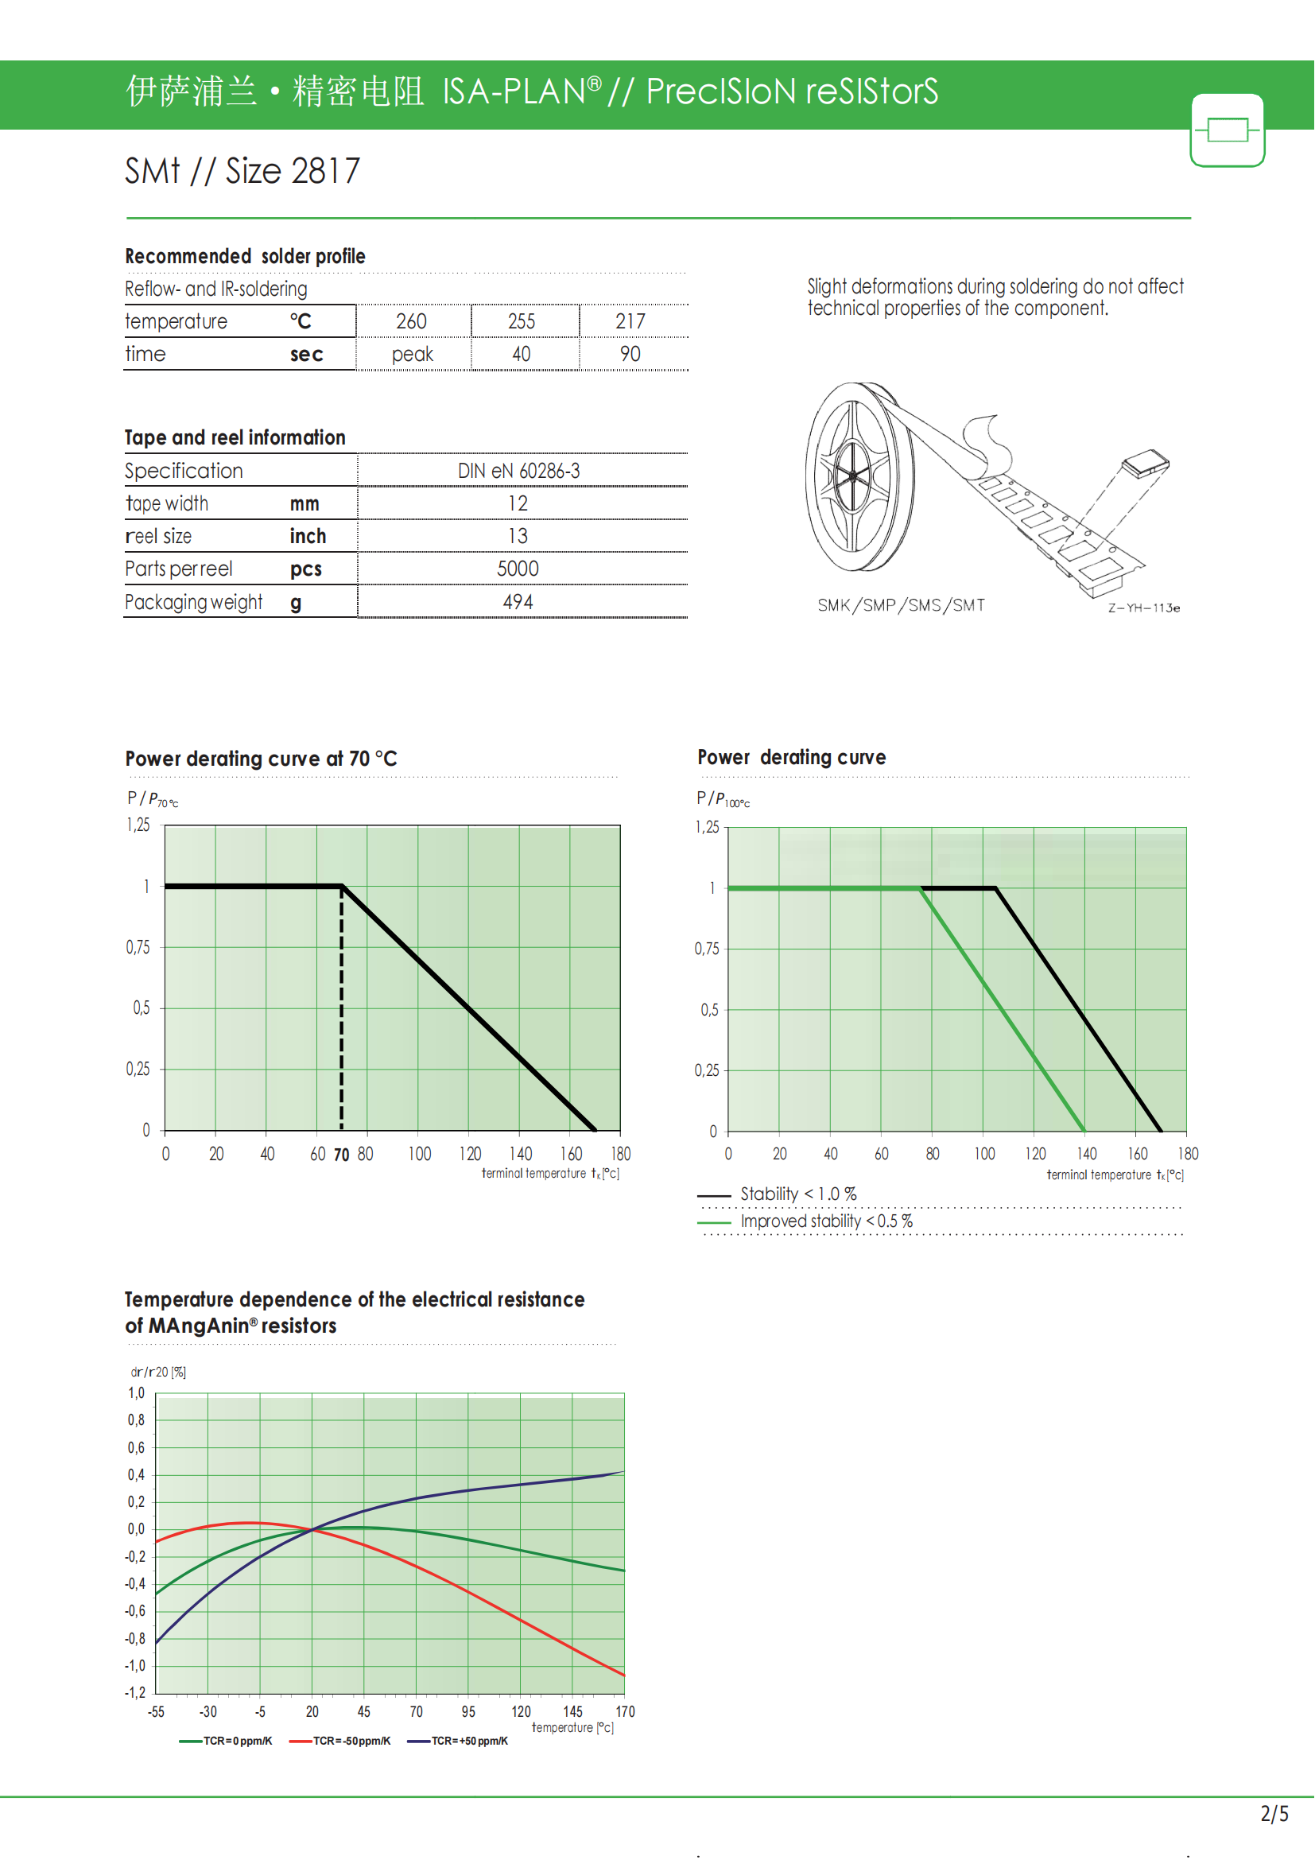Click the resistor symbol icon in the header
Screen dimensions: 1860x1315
tap(1227, 130)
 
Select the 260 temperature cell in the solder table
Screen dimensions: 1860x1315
tap(411, 321)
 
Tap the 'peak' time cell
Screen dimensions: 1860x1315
tap(412, 355)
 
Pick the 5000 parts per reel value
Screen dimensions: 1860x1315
tap(518, 569)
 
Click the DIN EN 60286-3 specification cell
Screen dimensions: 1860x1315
tap(519, 471)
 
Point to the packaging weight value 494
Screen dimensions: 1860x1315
tap(518, 602)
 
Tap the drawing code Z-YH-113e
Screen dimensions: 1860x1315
tap(1143, 608)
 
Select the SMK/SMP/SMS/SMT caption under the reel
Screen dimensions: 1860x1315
tap(901, 605)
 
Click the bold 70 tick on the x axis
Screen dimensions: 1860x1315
tap(342, 1155)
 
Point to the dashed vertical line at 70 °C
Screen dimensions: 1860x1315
tap(342, 1012)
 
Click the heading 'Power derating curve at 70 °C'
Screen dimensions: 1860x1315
tap(261, 759)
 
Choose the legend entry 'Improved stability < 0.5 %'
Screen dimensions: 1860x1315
tap(826, 1221)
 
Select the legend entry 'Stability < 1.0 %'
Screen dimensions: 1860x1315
tap(797, 1194)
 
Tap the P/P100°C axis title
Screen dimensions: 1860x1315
tap(722, 799)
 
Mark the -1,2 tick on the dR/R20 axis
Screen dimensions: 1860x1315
tap(135, 1693)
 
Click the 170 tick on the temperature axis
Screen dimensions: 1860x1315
tap(625, 1712)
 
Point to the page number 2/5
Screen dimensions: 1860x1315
tap(1274, 1814)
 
